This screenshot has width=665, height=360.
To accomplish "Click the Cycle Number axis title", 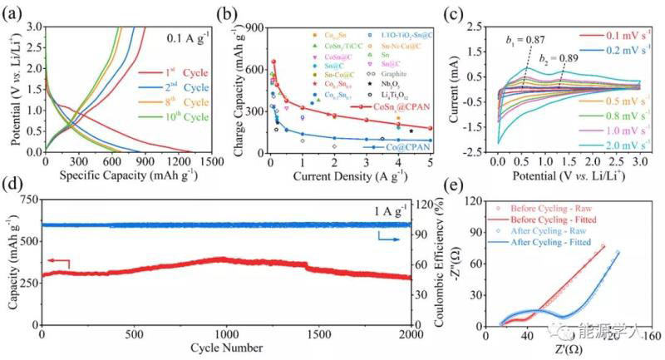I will coord(229,348).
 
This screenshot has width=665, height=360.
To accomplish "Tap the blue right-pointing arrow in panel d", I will coord(389,237).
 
